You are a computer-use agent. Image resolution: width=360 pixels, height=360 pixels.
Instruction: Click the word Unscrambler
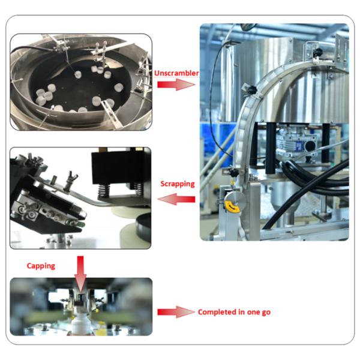(176, 73)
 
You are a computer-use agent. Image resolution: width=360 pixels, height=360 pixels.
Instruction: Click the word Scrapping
(178, 184)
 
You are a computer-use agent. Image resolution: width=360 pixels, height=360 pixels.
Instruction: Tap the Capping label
(41, 266)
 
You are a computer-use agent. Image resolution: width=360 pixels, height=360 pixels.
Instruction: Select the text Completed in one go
(234, 312)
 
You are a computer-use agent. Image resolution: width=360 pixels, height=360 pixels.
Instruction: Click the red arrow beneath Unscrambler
(176, 85)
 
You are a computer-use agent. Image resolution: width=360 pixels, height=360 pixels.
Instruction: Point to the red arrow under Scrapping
(176, 199)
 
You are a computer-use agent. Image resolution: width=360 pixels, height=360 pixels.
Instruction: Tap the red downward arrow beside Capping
(80, 274)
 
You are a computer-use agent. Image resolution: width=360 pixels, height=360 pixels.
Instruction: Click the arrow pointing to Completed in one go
(176, 312)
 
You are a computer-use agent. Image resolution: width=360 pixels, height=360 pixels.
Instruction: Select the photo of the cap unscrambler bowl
(81, 82)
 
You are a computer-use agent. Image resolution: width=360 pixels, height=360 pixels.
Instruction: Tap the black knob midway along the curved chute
(251, 89)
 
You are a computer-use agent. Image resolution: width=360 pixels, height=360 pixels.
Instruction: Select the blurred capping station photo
(81, 307)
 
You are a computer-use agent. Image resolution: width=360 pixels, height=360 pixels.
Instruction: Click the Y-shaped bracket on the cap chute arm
(70, 179)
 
